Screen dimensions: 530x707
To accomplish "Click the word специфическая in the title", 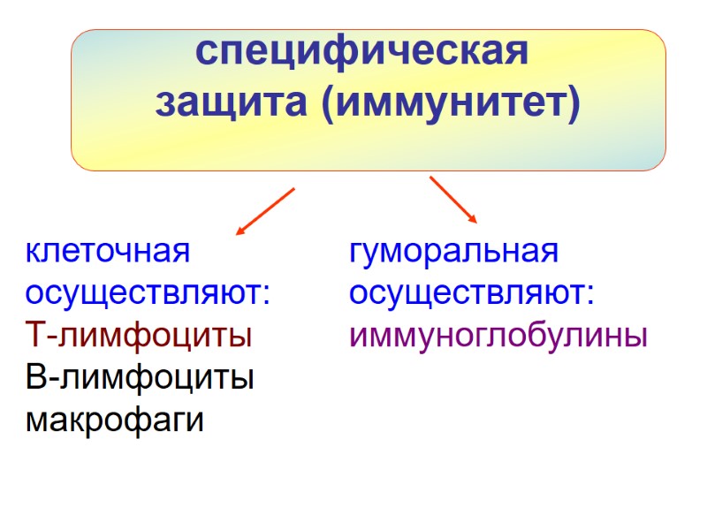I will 362,52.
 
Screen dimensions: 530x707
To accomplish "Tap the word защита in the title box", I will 232,103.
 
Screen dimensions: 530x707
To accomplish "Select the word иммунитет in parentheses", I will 450,103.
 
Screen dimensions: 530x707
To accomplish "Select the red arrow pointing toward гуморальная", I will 453,200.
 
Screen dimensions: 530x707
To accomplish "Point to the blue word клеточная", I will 108,251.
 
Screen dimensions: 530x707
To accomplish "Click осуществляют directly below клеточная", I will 145,293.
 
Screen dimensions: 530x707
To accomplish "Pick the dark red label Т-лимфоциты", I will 139,336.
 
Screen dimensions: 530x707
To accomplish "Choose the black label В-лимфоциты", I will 140,378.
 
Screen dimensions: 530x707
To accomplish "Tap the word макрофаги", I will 115,420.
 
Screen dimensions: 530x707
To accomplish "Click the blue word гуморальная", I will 454,251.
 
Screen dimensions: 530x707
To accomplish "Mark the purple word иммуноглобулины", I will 498,336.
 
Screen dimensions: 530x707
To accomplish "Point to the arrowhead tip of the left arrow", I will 236,235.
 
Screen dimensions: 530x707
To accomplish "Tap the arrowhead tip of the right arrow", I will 476,222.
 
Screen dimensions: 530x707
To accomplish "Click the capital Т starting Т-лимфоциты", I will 36,336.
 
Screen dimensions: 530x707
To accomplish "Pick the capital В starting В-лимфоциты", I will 36,378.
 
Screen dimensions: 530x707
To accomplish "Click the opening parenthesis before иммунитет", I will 323,104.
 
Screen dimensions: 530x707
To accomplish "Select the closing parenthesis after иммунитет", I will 574,104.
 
